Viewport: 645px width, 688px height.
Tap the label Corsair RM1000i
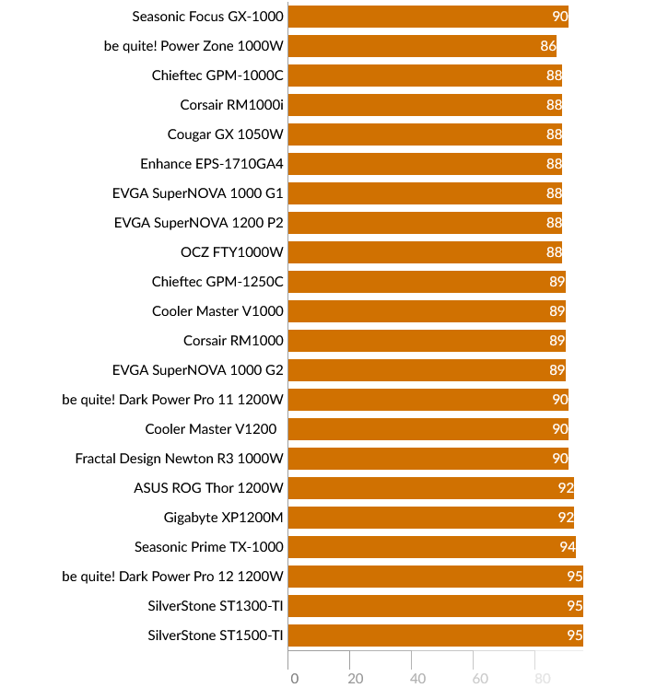point(232,105)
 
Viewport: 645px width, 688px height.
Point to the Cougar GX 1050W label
point(226,134)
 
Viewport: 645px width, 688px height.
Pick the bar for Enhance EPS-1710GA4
point(425,164)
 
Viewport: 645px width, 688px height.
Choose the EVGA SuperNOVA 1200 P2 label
point(199,223)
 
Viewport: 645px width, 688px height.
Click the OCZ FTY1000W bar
point(425,252)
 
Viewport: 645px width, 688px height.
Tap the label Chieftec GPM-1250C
point(217,282)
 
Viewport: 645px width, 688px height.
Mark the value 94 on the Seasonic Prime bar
point(568,547)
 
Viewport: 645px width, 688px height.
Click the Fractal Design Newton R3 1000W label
point(180,459)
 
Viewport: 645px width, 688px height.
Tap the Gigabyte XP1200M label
point(224,518)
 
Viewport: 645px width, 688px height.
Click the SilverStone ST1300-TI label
point(216,606)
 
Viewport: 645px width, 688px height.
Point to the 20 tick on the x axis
point(356,679)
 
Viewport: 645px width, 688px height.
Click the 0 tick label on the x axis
point(294,679)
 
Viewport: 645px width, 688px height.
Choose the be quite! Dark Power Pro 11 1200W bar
point(428,400)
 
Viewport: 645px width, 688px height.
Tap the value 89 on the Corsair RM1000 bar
point(557,341)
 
